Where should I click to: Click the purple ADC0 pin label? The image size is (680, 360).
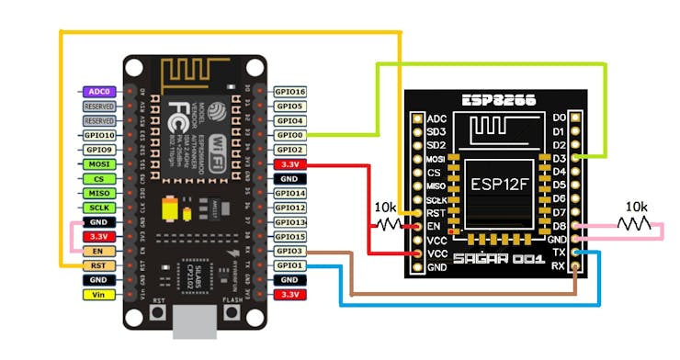(x=98, y=92)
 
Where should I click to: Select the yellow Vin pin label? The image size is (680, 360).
(x=98, y=295)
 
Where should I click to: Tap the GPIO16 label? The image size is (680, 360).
(x=289, y=92)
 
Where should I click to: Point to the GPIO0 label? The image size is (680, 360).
(x=289, y=135)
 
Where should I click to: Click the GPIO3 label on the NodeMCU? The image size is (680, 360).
(x=289, y=251)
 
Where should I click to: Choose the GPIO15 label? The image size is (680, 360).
(x=289, y=236)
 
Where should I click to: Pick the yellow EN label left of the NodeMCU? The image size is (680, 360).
(x=98, y=251)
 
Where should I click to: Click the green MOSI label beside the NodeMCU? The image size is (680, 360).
(x=98, y=164)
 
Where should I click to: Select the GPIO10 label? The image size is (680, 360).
(x=98, y=135)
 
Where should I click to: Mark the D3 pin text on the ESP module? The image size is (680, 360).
(x=560, y=158)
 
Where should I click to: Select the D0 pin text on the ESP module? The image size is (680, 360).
(x=560, y=118)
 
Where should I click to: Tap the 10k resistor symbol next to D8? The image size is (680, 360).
(x=635, y=224)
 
